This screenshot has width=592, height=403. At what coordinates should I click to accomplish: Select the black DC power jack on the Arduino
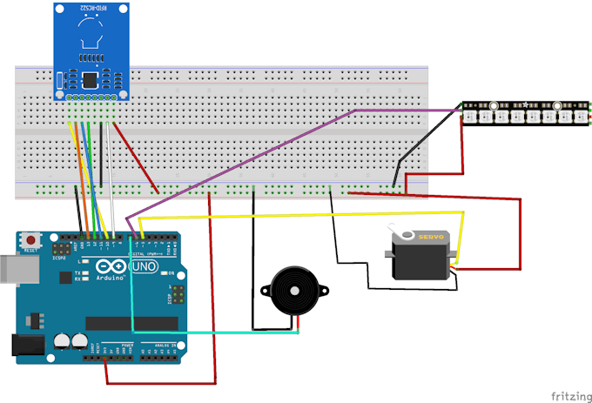click(x=25, y=346)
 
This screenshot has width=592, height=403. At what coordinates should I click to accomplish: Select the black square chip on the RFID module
click(x=91, y=80)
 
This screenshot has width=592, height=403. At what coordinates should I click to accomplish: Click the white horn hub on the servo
click(x=404, y=235)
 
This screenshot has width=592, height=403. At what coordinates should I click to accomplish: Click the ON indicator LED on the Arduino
click(x=173, y=274)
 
